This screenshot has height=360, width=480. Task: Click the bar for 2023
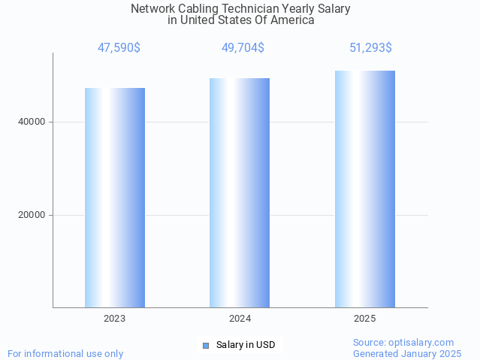coord(115,198)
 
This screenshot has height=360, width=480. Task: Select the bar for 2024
coord(240,192)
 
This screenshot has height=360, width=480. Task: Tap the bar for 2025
coord(365,189)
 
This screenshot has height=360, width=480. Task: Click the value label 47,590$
coord(119,48)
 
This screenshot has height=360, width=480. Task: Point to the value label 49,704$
coord(243,48)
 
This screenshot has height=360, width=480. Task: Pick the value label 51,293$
coord(370,48)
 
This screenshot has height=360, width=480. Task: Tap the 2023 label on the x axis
coord(115,319)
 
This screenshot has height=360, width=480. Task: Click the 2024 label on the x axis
coord(240,319)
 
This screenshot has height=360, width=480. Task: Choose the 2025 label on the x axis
coord(365,319)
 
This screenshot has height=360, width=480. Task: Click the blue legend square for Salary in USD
coord(205,346)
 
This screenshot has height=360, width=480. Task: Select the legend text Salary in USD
coord(246,346)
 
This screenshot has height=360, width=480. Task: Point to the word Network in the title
coord(155,9)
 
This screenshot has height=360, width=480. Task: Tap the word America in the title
coord(291,20)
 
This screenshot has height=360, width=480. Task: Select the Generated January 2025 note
coord(407,353)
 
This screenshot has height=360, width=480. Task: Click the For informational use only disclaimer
coord(65,353)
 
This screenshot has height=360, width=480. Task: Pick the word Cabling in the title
coord(195,9)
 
